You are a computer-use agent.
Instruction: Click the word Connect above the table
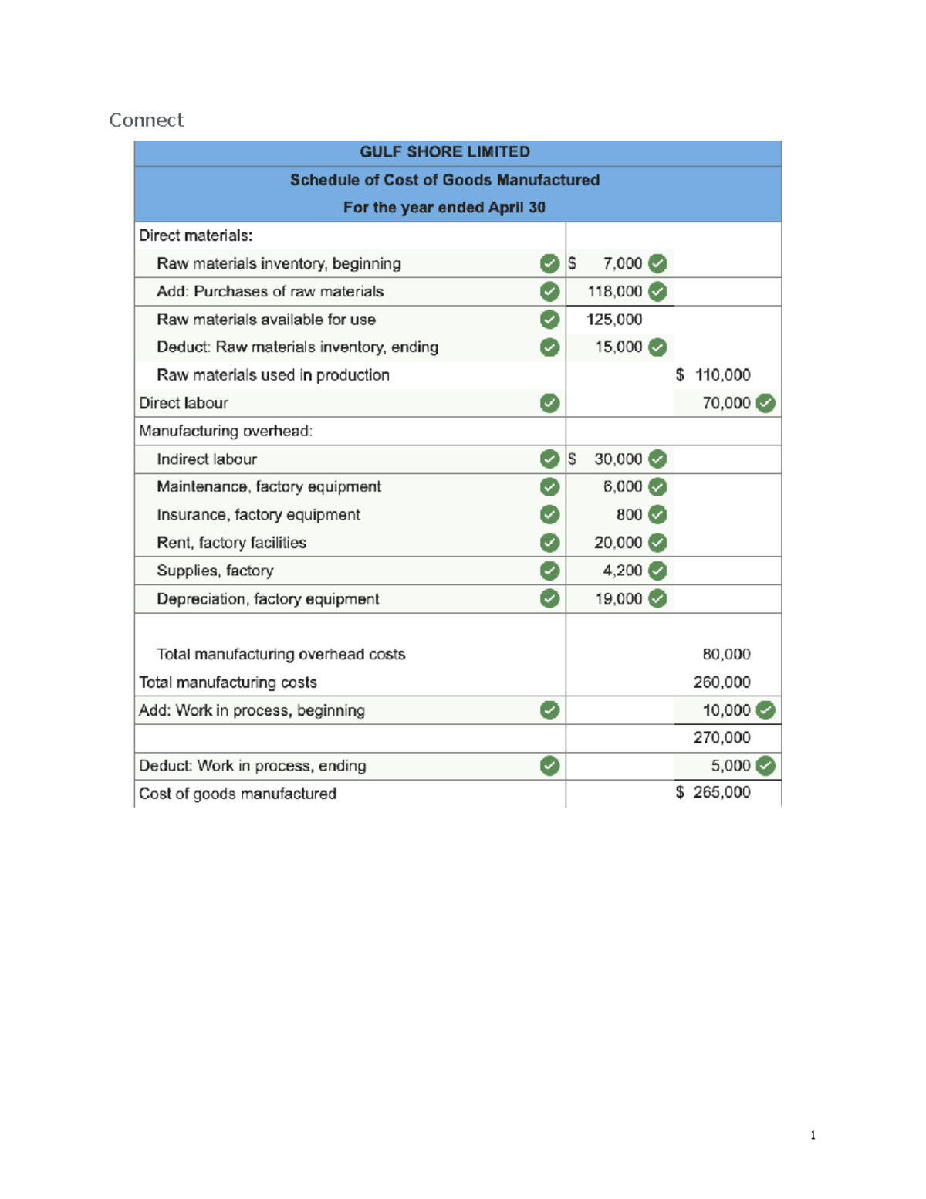click(x=147, y=120)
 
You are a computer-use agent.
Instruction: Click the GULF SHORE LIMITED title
click(x=444, y=152)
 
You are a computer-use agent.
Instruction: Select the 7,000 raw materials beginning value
click(x=622, y=264)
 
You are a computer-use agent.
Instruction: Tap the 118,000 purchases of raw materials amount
click(x=614, y=292)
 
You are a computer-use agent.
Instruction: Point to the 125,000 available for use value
click(x=613, y=320)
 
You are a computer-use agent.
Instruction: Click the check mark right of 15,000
click(x=657, y=347)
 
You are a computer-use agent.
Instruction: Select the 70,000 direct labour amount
click(x=725, y=403)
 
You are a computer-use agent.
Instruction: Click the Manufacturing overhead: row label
click(x=225, y=431)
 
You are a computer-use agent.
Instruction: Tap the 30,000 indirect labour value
click(x=617, y=459)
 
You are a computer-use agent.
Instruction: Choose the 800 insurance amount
click(x=629, y=515)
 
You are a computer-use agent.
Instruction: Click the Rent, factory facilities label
click(x=231, y=543)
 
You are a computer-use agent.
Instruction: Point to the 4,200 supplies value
click(x=622, y=571)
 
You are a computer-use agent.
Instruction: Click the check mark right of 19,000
click(x=657, y=598)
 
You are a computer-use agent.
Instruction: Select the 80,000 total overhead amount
click(x=725, y=655)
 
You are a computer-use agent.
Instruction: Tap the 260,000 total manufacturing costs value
click(x=721, y=682)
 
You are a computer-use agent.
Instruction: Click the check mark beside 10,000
click(x=765, y=710)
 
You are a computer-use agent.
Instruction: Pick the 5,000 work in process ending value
click(x=730, y=766)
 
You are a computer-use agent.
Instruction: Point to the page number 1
click(x=813, y=1135)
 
